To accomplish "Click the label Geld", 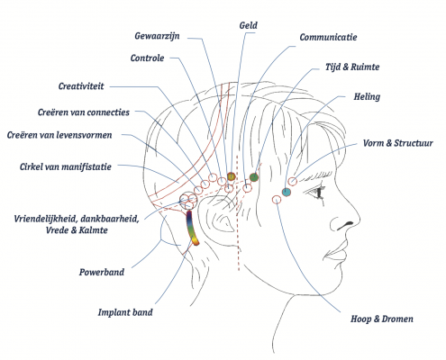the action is pos(248,25).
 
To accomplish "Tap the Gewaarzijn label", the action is pos(157,36).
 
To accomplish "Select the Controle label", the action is pos(147,58).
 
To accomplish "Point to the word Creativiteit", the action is pos(81,86).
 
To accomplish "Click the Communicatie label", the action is pos(328,37).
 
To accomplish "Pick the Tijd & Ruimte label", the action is pos(352,67).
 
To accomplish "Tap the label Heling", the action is pos(367,96).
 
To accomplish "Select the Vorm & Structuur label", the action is pos(397,143).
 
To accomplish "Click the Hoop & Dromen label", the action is pos(382,319).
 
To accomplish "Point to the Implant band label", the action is pos(125,312).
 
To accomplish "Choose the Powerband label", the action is pos(102,272).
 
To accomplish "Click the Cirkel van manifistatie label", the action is pos(66,166).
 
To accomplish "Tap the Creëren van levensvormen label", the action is pos(59,135).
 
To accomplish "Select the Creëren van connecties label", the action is pos(84,112).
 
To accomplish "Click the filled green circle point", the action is pos(254,177).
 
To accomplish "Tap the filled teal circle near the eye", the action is pos(287,192).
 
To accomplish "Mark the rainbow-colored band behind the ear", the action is pos(192,229).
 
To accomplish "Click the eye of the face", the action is pos(318,192).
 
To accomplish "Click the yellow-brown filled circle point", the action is pos(231,176).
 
